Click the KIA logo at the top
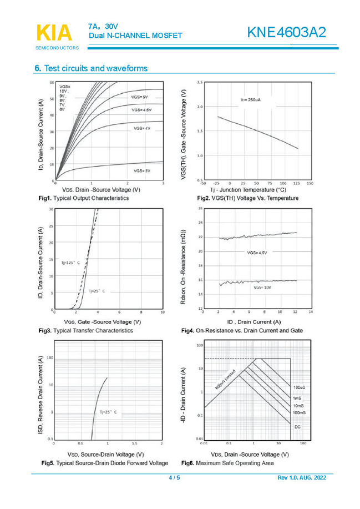54,33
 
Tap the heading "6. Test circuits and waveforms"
91,68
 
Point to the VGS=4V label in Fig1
142,128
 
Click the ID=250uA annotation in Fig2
251,100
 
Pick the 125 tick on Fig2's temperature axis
296,183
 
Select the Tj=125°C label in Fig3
70,263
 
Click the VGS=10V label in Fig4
262,288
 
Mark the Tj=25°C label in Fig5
109,412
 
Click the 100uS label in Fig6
298,386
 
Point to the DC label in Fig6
297,426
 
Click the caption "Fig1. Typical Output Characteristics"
84,198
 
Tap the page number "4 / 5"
175,478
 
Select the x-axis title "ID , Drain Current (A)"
254,322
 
